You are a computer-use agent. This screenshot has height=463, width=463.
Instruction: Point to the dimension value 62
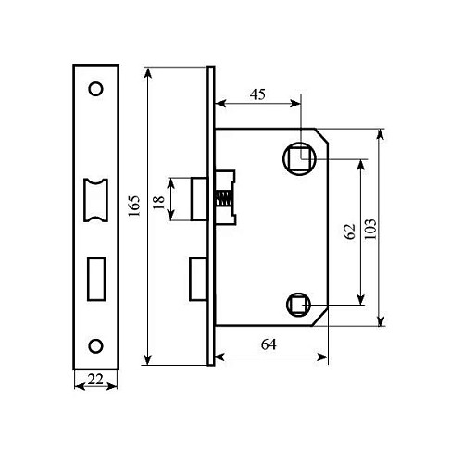coord(349,231)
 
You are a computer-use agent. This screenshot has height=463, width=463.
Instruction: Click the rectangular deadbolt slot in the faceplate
coord(94,276)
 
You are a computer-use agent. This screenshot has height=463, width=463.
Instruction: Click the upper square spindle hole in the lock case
coord(299,157)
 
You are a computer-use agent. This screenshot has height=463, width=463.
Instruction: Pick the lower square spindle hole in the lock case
coord(298,302)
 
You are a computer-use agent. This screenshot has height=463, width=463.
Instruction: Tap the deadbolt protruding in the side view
coord(198,280)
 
